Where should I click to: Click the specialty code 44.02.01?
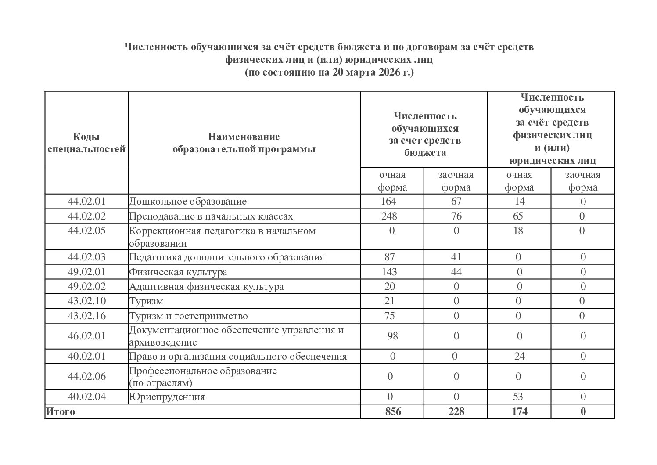[86, 202]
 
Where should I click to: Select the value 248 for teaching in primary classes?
[389, 216]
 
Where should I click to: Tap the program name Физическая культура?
[178, 272]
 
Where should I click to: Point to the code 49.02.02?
[86, 287]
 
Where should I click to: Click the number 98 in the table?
[392, 336]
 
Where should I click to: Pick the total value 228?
[456, 412]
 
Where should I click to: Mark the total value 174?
[519, 412]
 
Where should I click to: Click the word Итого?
[60, 412]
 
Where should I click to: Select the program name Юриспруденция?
[167, 397]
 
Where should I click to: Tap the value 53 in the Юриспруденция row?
[518, 397]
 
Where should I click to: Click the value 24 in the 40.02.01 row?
[519, 356]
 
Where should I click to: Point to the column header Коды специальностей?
[86, 143]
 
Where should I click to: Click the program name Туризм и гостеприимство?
[188, 316]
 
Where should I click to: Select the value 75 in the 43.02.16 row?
[389, 316]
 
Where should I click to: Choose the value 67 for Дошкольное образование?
[456, 202]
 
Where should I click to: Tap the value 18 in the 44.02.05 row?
[518, 231]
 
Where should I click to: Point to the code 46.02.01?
[86, 336]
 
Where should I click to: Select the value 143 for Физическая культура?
[389, 272]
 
